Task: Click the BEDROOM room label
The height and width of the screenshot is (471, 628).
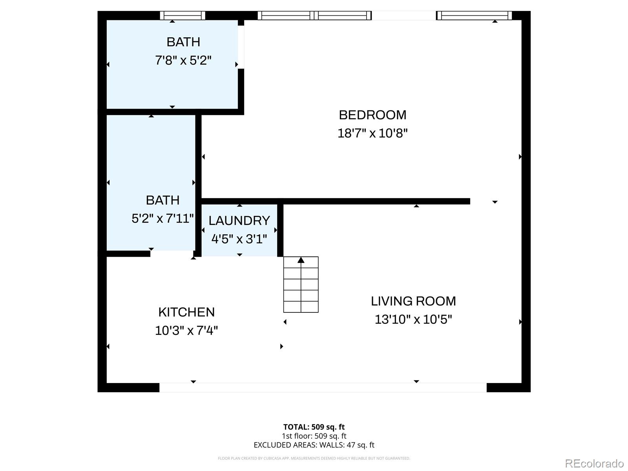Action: tap(372, 115)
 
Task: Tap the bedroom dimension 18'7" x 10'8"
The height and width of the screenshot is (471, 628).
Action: tap(372, 133)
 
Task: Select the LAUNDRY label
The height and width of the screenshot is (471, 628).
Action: tap(239, 221)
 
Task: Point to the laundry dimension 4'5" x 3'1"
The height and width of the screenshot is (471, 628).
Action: tap(239, 239)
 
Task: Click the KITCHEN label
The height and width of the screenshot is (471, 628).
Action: tap(186, 312)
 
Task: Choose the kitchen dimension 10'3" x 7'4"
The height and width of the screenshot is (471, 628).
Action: tap(186, 330)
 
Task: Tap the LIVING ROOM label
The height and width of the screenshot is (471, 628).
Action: tap(413, 301)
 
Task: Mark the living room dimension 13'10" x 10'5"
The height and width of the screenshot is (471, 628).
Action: tap(413, 319)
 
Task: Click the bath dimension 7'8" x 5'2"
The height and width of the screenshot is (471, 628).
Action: tap(183, 60)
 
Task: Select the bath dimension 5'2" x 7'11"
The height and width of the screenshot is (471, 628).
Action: tap(162, 219)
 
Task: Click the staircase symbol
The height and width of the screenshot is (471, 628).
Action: tap(301, 285)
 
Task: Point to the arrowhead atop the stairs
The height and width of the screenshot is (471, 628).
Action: tap(301, 260)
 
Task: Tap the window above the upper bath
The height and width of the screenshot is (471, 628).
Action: tap(183, 15)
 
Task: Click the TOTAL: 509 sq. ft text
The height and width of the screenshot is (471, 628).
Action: tap(314, 427)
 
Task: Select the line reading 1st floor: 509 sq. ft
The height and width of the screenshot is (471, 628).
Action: tap(314, 436)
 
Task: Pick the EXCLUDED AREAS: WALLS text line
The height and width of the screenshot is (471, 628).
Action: tap(314, 445)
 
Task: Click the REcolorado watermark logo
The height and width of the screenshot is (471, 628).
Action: tap(595, 463)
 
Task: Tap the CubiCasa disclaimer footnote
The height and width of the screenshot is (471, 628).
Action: tap(314, 458)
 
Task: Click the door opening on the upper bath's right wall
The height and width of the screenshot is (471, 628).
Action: tap(241, 47)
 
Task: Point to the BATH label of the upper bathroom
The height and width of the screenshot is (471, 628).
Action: tap(183, 42)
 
